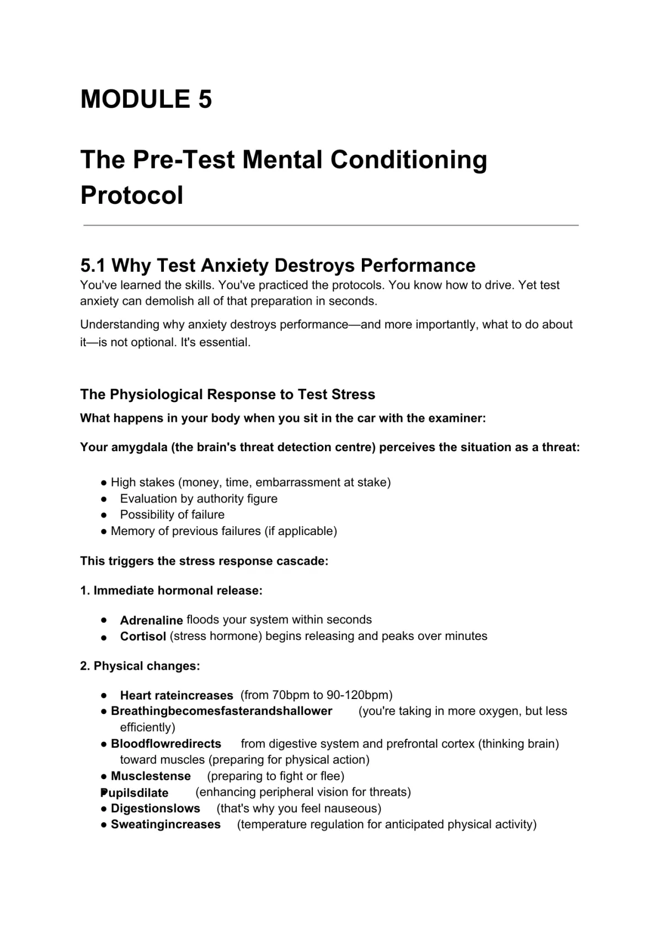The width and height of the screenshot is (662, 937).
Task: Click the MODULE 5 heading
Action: coord(146,99)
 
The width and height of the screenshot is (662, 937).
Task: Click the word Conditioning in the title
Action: coord(409,160)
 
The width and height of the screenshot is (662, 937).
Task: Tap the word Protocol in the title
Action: coord(132,195)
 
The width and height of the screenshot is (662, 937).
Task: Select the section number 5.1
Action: coord(93,266)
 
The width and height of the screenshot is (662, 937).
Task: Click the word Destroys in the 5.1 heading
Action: coord(314,266)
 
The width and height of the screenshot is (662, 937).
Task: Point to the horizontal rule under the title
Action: coord(331,225)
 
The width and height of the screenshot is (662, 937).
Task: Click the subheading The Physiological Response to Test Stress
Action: coord(227,394)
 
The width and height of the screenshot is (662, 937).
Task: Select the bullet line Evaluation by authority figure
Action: coord(199,499)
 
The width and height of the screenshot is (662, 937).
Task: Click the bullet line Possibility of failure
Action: coord(172,515)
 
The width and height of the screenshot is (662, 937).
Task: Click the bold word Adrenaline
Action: coord(151,620)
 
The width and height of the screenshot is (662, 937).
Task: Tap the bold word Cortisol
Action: coord(143,636)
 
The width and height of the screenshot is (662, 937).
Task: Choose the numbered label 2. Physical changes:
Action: coord(140,666)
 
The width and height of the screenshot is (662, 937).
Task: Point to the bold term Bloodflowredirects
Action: coord(166,744)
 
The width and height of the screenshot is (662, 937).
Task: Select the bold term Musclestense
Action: coord(151,776)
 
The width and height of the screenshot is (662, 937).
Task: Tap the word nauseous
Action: coord(354,808)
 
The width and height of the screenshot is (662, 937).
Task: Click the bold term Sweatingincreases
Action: coord(165,824)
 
